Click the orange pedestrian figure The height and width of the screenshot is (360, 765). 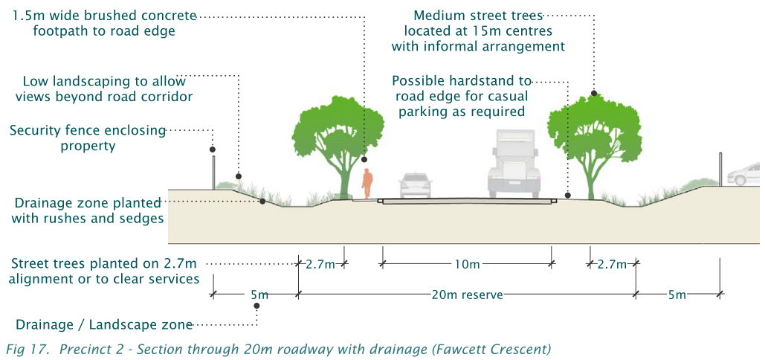[x=367, y=183]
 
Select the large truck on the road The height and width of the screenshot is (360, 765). [x=514, y=165]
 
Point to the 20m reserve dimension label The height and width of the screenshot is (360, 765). [x=467, y=295]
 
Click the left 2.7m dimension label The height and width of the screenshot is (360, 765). [x=320, y=263]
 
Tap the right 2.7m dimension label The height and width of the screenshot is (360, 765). [x=612, y=263]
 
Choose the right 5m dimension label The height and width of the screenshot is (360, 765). [x=677, y=295]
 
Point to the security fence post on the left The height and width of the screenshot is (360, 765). [x=213, y=172]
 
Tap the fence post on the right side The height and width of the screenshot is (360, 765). [x=720, y=170]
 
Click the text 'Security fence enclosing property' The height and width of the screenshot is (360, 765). [x=88, y=138]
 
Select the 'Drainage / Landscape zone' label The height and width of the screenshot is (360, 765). [x=104, y=325]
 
